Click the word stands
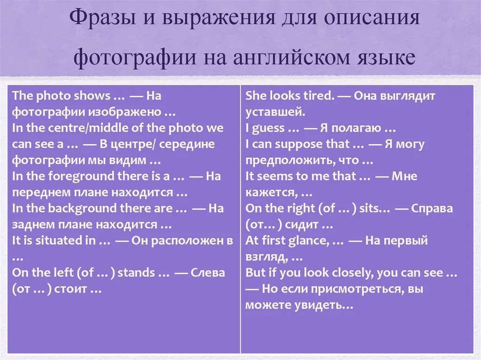tap(136, 273)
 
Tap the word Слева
tap(208, 273)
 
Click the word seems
tap(274, 176)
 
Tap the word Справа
tap(432, 209)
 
